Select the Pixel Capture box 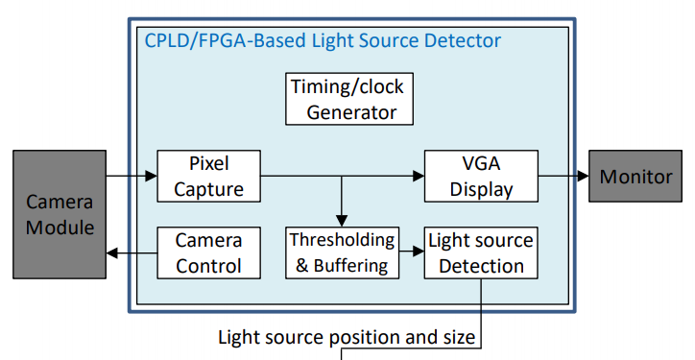(x=208, y=176)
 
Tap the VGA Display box (x=481, y=176)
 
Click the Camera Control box (x=208, y=252)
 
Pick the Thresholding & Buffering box (x=341, y=252)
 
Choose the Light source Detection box (x=481, y=252)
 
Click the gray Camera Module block (x=60, y=215)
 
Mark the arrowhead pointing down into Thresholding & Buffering (x=341, y=220)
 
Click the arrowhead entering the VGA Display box (x=418, y=177)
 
